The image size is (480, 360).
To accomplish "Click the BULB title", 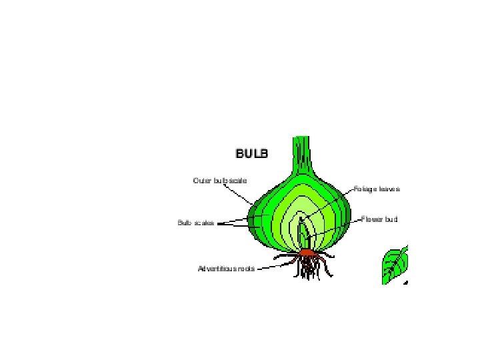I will [x=251, y=153].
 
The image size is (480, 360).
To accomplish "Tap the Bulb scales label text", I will [x=195, y=223].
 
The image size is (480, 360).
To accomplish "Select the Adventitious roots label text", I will [x=226, y=269].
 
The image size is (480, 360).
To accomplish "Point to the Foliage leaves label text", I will [x=377, y=189].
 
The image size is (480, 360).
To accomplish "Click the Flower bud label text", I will [x=379, y=219].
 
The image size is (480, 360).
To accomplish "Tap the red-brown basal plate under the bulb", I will [x=307, y=253].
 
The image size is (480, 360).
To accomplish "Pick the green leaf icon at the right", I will [x=394, y=265].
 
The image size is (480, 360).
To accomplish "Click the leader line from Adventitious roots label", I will [x=268, y=267].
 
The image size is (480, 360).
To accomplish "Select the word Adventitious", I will [x=216, y=269].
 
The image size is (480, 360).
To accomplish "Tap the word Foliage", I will [x=365, y=189].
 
